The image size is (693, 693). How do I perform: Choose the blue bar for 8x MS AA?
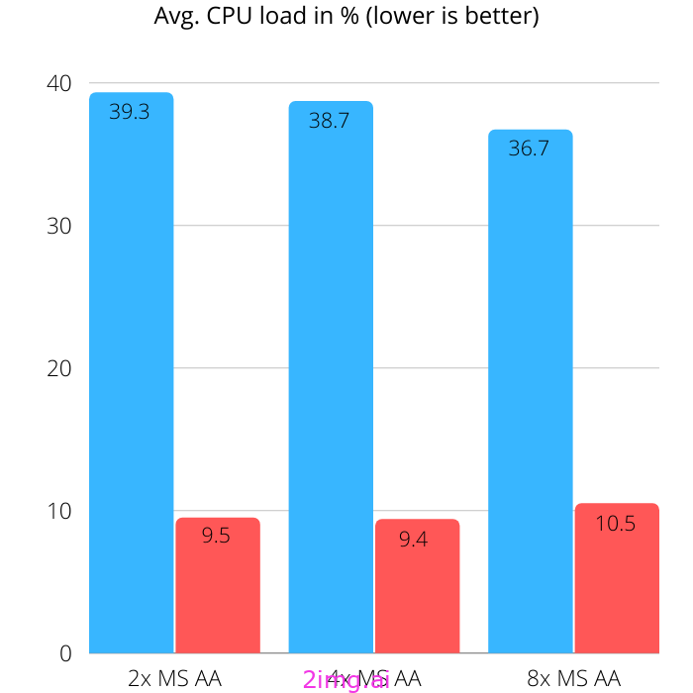530,396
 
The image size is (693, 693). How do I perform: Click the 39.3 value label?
130,112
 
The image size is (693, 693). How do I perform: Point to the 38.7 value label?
329,122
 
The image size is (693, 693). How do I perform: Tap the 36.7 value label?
529,149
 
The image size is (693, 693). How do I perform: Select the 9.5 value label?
216,536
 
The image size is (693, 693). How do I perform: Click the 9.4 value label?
413,540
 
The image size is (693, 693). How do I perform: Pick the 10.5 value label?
615,523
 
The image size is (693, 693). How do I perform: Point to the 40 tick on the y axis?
59,83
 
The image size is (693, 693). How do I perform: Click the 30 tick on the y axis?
59,226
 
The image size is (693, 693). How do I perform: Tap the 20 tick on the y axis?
59,368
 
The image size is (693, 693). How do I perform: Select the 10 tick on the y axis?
59,511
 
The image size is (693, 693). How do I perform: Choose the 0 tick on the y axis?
65,653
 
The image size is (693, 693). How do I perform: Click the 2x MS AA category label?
174,678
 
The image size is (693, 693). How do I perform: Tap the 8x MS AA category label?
573,678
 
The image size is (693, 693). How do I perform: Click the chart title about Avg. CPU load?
346,17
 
